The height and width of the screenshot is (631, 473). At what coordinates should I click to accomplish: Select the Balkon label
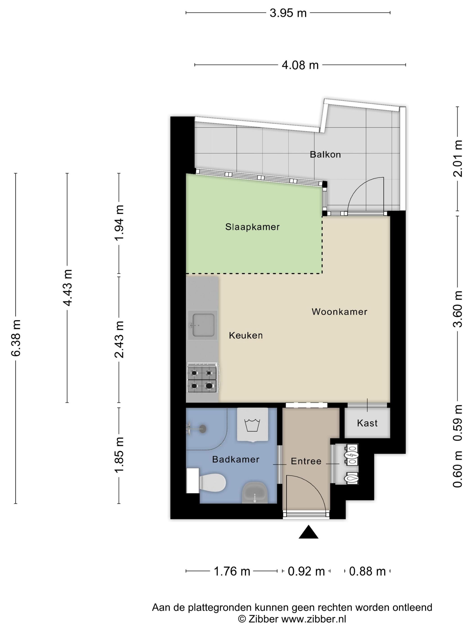325,155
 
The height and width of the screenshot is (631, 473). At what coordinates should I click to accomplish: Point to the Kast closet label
367,423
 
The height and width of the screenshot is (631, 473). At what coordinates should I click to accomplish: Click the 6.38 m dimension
16,338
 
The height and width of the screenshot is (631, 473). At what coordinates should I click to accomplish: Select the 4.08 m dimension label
300,65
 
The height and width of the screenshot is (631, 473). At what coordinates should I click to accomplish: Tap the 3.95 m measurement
288,13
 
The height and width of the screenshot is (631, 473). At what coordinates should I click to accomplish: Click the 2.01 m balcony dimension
458,159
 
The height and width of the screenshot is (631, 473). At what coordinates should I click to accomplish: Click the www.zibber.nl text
314,619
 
